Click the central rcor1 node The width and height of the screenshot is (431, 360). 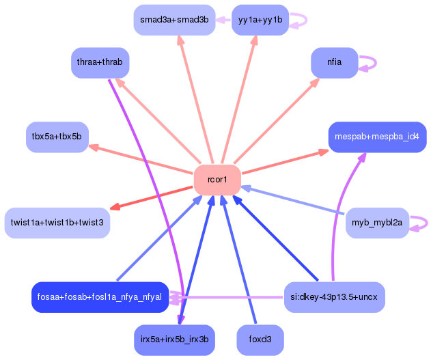[x=217, y=180]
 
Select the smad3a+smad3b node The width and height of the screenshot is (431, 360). [x=174, y=20]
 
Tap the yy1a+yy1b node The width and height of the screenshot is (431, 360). [x=260, y=20]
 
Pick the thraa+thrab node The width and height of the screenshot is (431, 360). [x=100, y=62]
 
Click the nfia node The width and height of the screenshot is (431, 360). [x=334, y=62]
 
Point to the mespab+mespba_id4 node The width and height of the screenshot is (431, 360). [x=377, y=137]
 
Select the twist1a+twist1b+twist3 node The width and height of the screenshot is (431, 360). [x=57, y=223]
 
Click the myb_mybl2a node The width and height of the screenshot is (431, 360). [x=377, y=223]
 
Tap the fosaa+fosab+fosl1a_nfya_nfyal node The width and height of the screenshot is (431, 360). [x=100, y=296]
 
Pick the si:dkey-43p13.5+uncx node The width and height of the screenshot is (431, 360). [x=334, y=296]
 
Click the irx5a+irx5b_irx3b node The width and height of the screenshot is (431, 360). [x=174, y=340]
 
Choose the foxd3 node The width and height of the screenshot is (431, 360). [x=260, y=340]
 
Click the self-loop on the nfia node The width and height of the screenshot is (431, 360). [x=370, y=62]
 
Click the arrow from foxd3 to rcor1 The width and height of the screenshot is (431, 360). [x=240, y=260]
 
